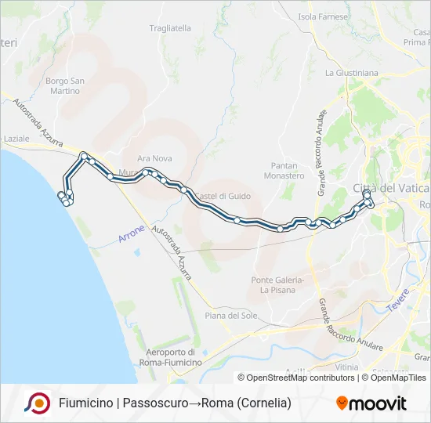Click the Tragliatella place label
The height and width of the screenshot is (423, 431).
(x=170, y=28)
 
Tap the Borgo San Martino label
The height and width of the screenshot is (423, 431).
(x=64, y=86)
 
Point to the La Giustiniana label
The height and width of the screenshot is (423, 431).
(x=351, y=73)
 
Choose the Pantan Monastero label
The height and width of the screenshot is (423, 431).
(x=287, y=171)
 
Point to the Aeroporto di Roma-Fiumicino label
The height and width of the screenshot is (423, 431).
(x=170, y=357)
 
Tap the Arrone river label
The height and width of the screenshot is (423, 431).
(x=132, y=234)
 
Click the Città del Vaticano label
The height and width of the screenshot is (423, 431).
(x=391, y=188)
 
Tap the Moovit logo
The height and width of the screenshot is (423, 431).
(x=371, y=403)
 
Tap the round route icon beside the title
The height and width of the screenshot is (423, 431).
(x=37, y=403)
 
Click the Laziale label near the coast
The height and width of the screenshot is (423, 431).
(x=16, y=138)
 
